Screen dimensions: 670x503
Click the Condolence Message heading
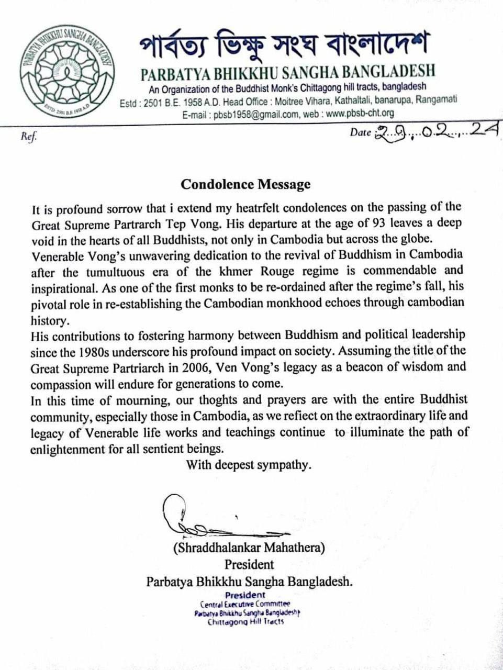coord(245,184)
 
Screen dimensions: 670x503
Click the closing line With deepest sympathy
coord(249,464)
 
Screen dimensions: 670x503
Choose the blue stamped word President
coord(245,595)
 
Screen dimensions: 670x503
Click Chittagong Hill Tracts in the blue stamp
coord(245,622)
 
